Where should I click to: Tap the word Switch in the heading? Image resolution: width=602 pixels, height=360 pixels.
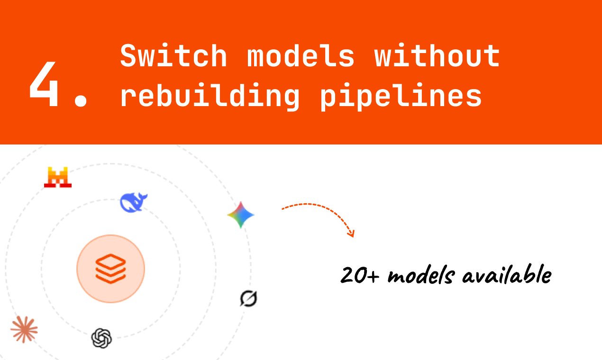point(173,56)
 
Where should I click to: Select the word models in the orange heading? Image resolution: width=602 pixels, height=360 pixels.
point(301,56)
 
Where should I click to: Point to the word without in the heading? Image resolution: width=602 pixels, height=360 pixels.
point(437,56)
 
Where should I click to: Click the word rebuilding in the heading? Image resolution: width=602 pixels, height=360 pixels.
point(210,96)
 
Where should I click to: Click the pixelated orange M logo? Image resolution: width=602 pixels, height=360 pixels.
point(57,177)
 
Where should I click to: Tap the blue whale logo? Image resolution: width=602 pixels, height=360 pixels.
point(134,202)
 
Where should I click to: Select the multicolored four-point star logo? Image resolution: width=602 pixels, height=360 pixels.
point(241,215)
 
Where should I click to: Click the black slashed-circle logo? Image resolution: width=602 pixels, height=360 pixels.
point(248,298)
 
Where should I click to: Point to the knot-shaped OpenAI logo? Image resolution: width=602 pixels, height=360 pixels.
point(101,338)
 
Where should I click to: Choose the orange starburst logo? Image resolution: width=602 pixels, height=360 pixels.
point(24,329)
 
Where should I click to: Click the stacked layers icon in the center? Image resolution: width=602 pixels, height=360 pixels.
point(110,269)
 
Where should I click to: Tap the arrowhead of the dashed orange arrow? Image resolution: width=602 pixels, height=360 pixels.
point(351,233)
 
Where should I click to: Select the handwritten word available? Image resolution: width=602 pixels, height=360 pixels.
point(507,275)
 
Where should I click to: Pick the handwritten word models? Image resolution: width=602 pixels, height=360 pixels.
point(421,276)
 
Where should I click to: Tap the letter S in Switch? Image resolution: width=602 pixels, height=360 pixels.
point(127,56)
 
